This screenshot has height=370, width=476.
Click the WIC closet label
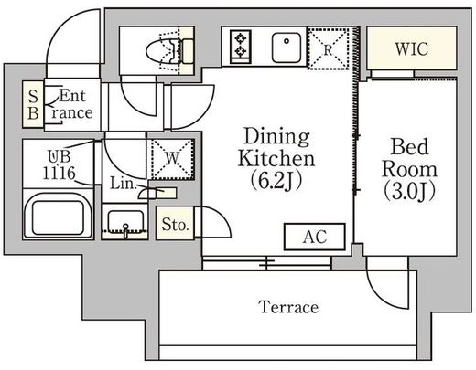coord(412,48)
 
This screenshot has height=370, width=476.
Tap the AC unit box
coord(315,237)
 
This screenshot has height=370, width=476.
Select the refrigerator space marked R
coord(329,48)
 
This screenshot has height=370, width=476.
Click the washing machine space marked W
coord(173,159)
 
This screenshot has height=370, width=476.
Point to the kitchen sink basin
coord(287,48)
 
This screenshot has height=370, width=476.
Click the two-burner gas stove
coord(241,47)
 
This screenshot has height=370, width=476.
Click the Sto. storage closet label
coord(175,225)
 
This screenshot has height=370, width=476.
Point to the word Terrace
coord(288,307)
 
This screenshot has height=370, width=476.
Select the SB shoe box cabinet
coord(33,104)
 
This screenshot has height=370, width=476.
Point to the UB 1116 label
coord(59,165)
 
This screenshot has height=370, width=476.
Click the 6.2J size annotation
coord(276,181)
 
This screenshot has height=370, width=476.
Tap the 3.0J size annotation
coord(409,191)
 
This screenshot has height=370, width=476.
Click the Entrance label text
coord(72,104)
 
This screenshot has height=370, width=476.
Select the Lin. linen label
coord(122,184)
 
